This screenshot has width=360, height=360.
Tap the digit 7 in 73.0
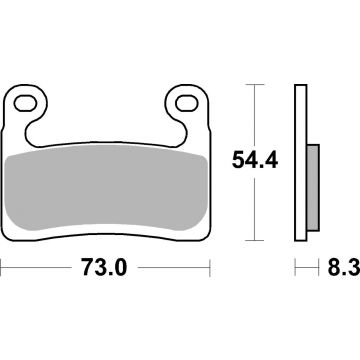[x=83, y=270]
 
